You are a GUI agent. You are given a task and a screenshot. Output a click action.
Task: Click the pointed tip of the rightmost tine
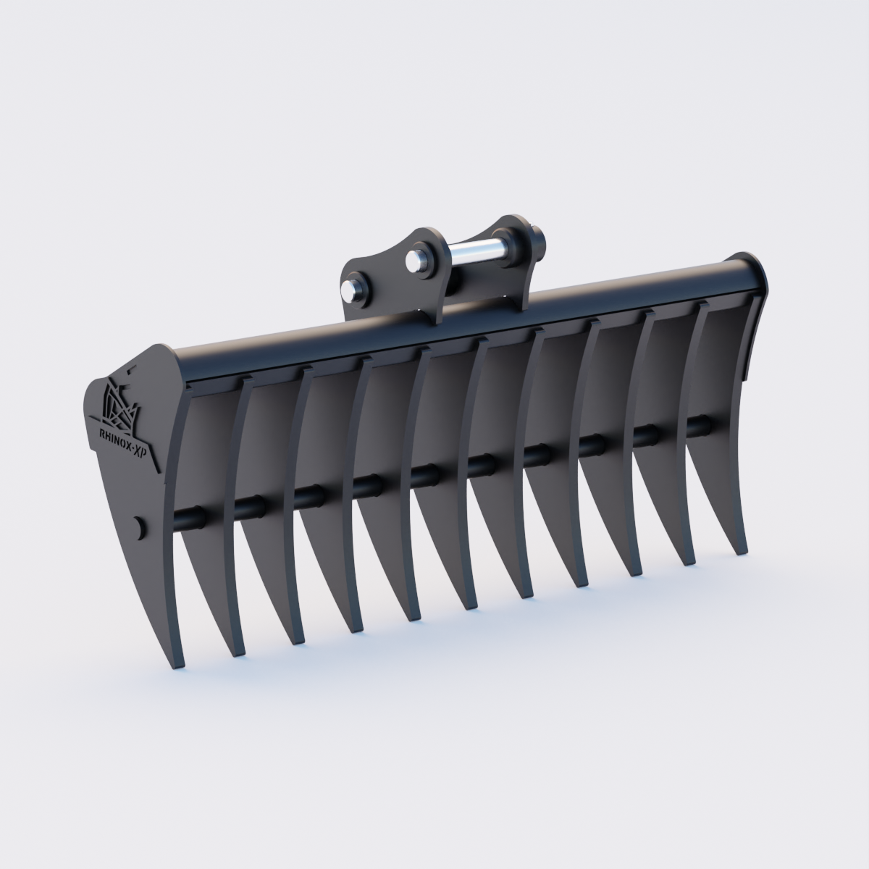pos(740,552)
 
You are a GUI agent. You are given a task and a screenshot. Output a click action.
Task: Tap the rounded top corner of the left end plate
pos(156,351)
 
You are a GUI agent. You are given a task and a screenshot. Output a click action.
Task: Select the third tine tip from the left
pos(295,642)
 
